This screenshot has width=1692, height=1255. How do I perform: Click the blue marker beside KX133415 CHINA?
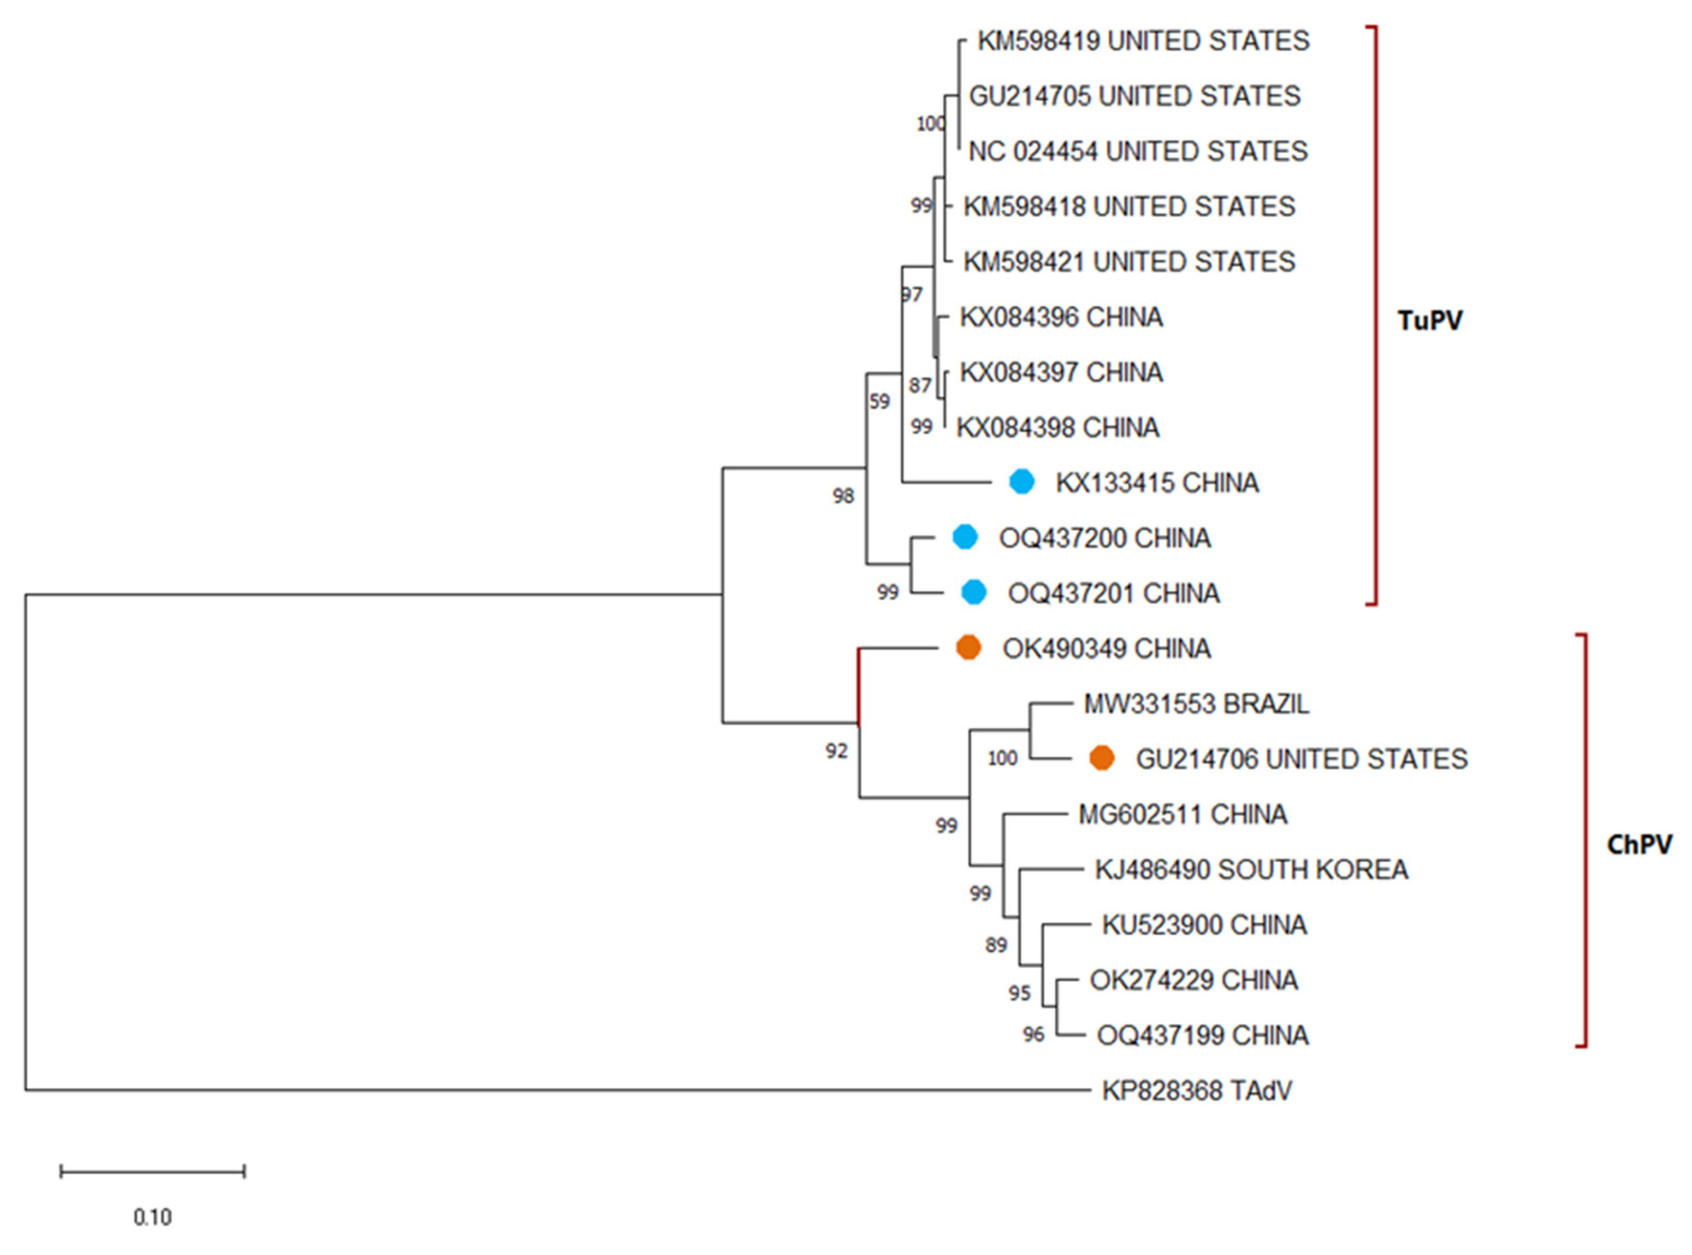tap(1022, 482)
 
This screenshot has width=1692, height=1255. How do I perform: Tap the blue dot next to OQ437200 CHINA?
tap(965, 537)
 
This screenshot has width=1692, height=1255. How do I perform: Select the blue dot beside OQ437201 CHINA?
tap(974, 593)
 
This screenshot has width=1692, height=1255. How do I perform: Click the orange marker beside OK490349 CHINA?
tap(968, 648)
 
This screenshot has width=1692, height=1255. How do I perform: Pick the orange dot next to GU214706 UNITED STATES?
tap(1101, 758)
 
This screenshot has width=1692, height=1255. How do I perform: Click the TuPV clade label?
tap(1430, 320)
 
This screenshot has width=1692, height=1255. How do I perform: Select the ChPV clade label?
tap(1640, 844)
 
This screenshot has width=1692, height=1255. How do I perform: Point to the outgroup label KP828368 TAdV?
tap(1197, 1091)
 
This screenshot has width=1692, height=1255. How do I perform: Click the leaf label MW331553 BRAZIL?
tap(1196, 704)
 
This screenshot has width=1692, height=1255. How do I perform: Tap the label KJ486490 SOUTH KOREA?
tap(1251, 869)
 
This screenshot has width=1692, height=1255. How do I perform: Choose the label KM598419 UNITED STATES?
tap(1143, 41)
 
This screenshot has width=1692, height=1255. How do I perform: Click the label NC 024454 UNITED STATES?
tap(1138, 151)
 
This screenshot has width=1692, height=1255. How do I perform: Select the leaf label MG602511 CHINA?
tap(1182, 814)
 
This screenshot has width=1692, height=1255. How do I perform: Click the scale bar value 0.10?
tap(153, 1217)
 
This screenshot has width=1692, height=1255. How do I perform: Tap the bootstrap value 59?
tap(880, 401)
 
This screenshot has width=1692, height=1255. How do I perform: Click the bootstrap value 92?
tap(836, 751)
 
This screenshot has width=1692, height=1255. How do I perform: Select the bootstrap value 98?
tap(843, 496)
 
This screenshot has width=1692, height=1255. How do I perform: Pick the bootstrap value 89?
tap(996, 945)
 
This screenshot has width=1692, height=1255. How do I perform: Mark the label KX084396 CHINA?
tap(1061, 317)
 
